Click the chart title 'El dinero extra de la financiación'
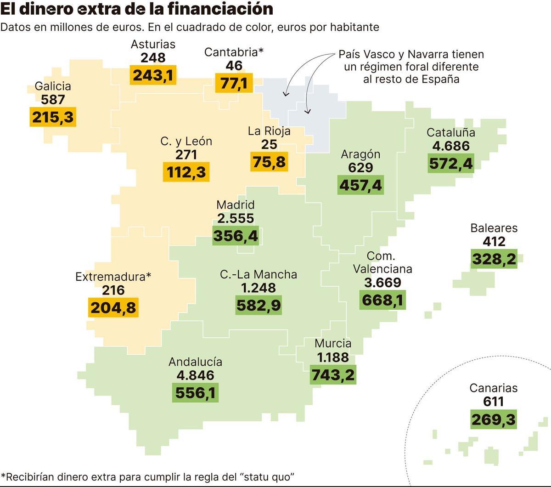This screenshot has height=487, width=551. pyautogui.click(x=137, y=9)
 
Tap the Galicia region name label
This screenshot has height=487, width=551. pyautogui.click(x=53, y=86)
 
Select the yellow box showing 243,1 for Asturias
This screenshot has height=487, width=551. pyautogui.click(x=153, y=75)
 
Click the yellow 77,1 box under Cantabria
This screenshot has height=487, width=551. pyautogui.click(x=234, y=83)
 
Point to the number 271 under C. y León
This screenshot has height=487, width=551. pyautogui.click(x=186, y=155)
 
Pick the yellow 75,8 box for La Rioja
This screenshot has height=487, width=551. pyautogui.click(x=269, y=162)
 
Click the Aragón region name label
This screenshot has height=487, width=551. pyautogui.click(x=360, y=154)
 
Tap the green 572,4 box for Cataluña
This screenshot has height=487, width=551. pyautogui.click(x=450, y=163)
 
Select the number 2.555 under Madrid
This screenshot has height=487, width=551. pyautogui.click(x=235, y=219)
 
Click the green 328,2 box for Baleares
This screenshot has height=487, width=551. pyautogui.click(x=494, y=259)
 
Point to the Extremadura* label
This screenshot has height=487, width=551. pyautogui.click(x=113, y=277)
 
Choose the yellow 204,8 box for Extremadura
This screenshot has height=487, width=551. pyautogui.click(x=113, y=307)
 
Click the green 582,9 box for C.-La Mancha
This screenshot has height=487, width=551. pyautogui.click(x=259, y=305)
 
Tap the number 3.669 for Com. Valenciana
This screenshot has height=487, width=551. pyautogui.click(x=382, y=283)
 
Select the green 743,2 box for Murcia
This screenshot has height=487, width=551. pyautogui.click(x=333, y=374)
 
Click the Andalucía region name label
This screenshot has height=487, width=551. pyautogui.click(x=195, y=362)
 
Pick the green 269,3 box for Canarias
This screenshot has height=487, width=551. pyautogui.click(x=493, y=419)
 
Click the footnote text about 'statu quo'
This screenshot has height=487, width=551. pyautogui.click(x=147, y=476)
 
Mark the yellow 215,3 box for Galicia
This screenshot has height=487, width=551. pyautogui.click(x=52, y=117)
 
